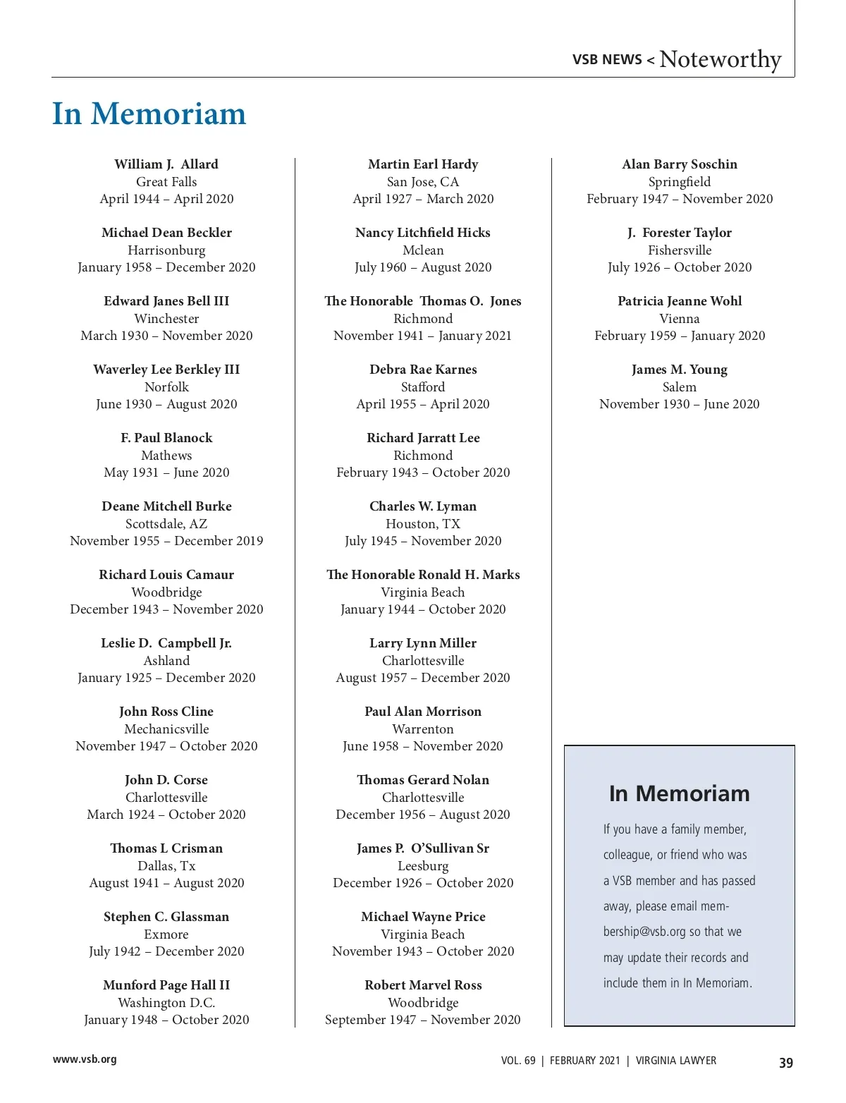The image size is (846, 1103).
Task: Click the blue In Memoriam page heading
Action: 149,114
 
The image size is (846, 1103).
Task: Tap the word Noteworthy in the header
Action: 720,59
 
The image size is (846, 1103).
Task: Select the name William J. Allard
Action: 166,164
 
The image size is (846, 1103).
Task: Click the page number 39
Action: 785,1063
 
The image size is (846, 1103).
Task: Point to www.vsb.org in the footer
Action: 85,1059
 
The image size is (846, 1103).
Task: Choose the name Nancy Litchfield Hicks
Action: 423,233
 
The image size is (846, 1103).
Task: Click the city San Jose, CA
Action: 423,182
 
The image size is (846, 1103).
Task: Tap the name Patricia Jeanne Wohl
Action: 680,301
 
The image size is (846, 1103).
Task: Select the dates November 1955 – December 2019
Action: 166,541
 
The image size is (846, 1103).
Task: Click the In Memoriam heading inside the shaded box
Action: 679,793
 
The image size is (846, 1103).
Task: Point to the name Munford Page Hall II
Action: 166,985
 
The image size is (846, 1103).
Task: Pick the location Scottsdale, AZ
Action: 166,524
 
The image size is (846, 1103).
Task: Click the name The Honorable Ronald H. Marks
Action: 423,575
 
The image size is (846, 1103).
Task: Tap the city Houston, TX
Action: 423,524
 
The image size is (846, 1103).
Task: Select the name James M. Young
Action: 680,370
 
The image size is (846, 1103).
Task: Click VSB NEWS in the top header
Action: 607,60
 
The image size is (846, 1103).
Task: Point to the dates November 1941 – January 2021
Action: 423,336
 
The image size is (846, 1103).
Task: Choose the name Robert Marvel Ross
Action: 423,985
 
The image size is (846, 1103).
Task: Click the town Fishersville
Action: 680,250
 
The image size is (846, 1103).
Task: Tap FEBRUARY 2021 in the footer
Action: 585,1061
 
